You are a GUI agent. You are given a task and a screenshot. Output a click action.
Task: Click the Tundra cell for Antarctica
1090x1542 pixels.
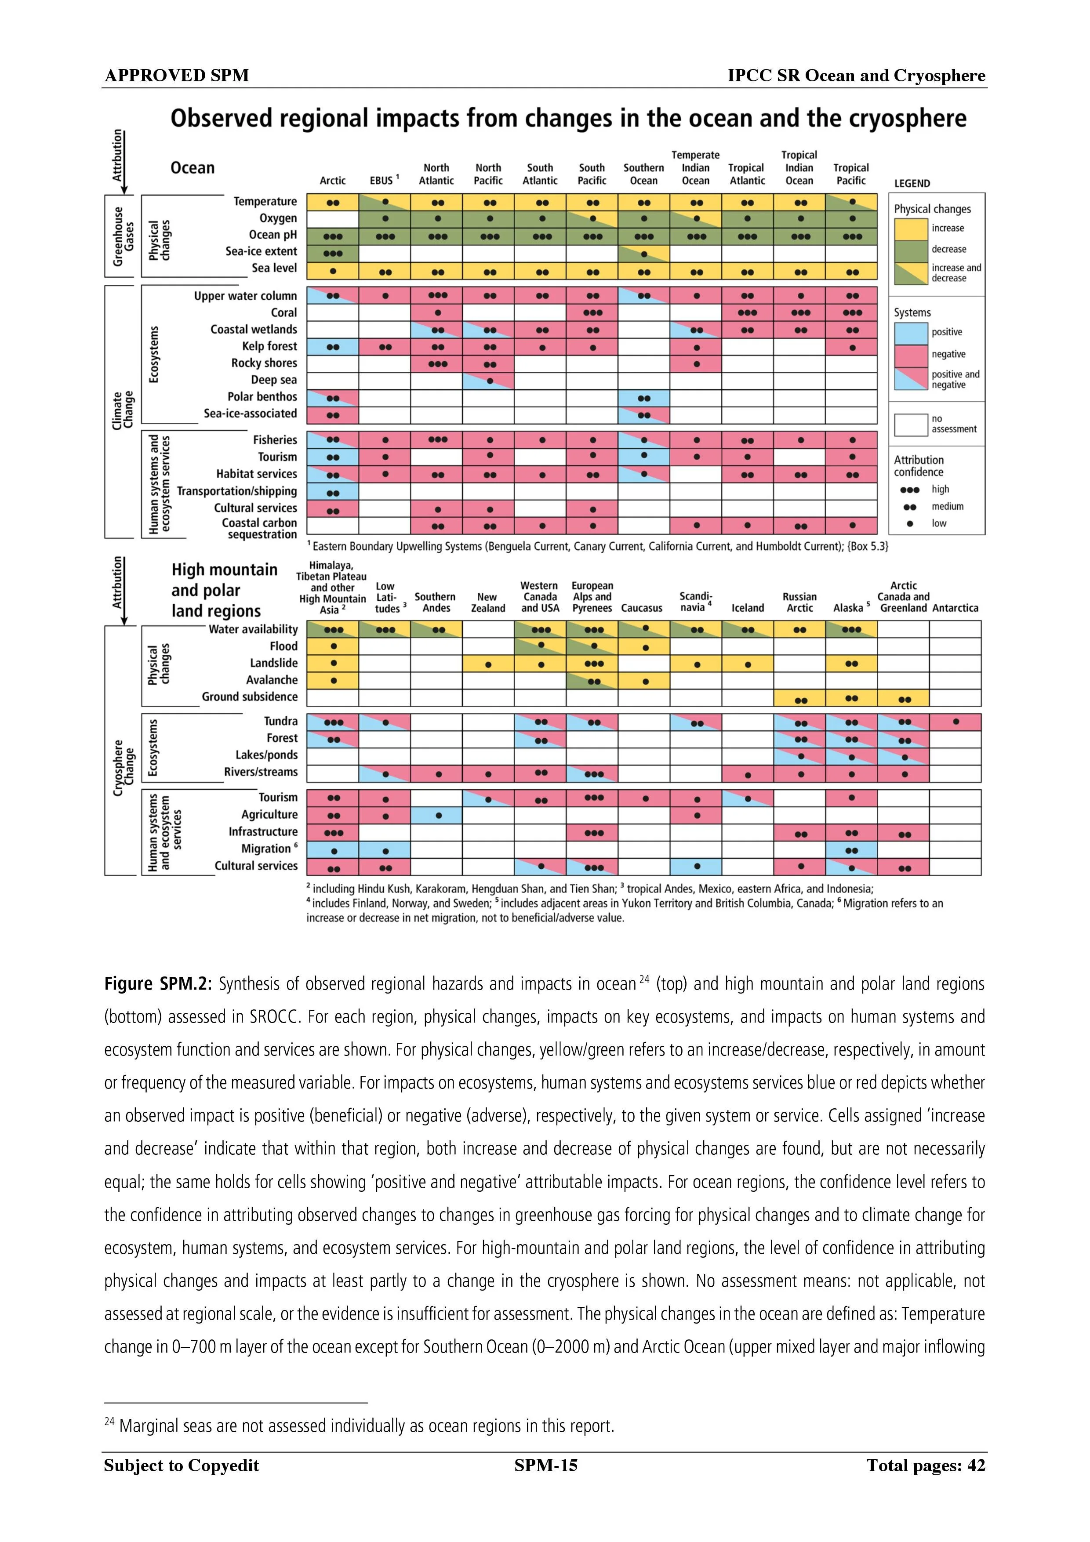tap(955, 722)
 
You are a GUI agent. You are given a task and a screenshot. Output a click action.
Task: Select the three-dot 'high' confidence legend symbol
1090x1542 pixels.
tap(909, 490)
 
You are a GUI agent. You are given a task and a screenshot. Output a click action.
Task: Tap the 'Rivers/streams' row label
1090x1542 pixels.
tap(261, 773)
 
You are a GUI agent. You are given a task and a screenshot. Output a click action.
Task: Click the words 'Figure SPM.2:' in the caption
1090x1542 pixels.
tap(158, 984)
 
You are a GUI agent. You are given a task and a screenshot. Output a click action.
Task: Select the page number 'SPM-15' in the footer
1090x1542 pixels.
tap(545, 1466)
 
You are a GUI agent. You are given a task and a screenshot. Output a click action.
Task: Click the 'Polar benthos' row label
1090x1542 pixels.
tap(262, 397)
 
